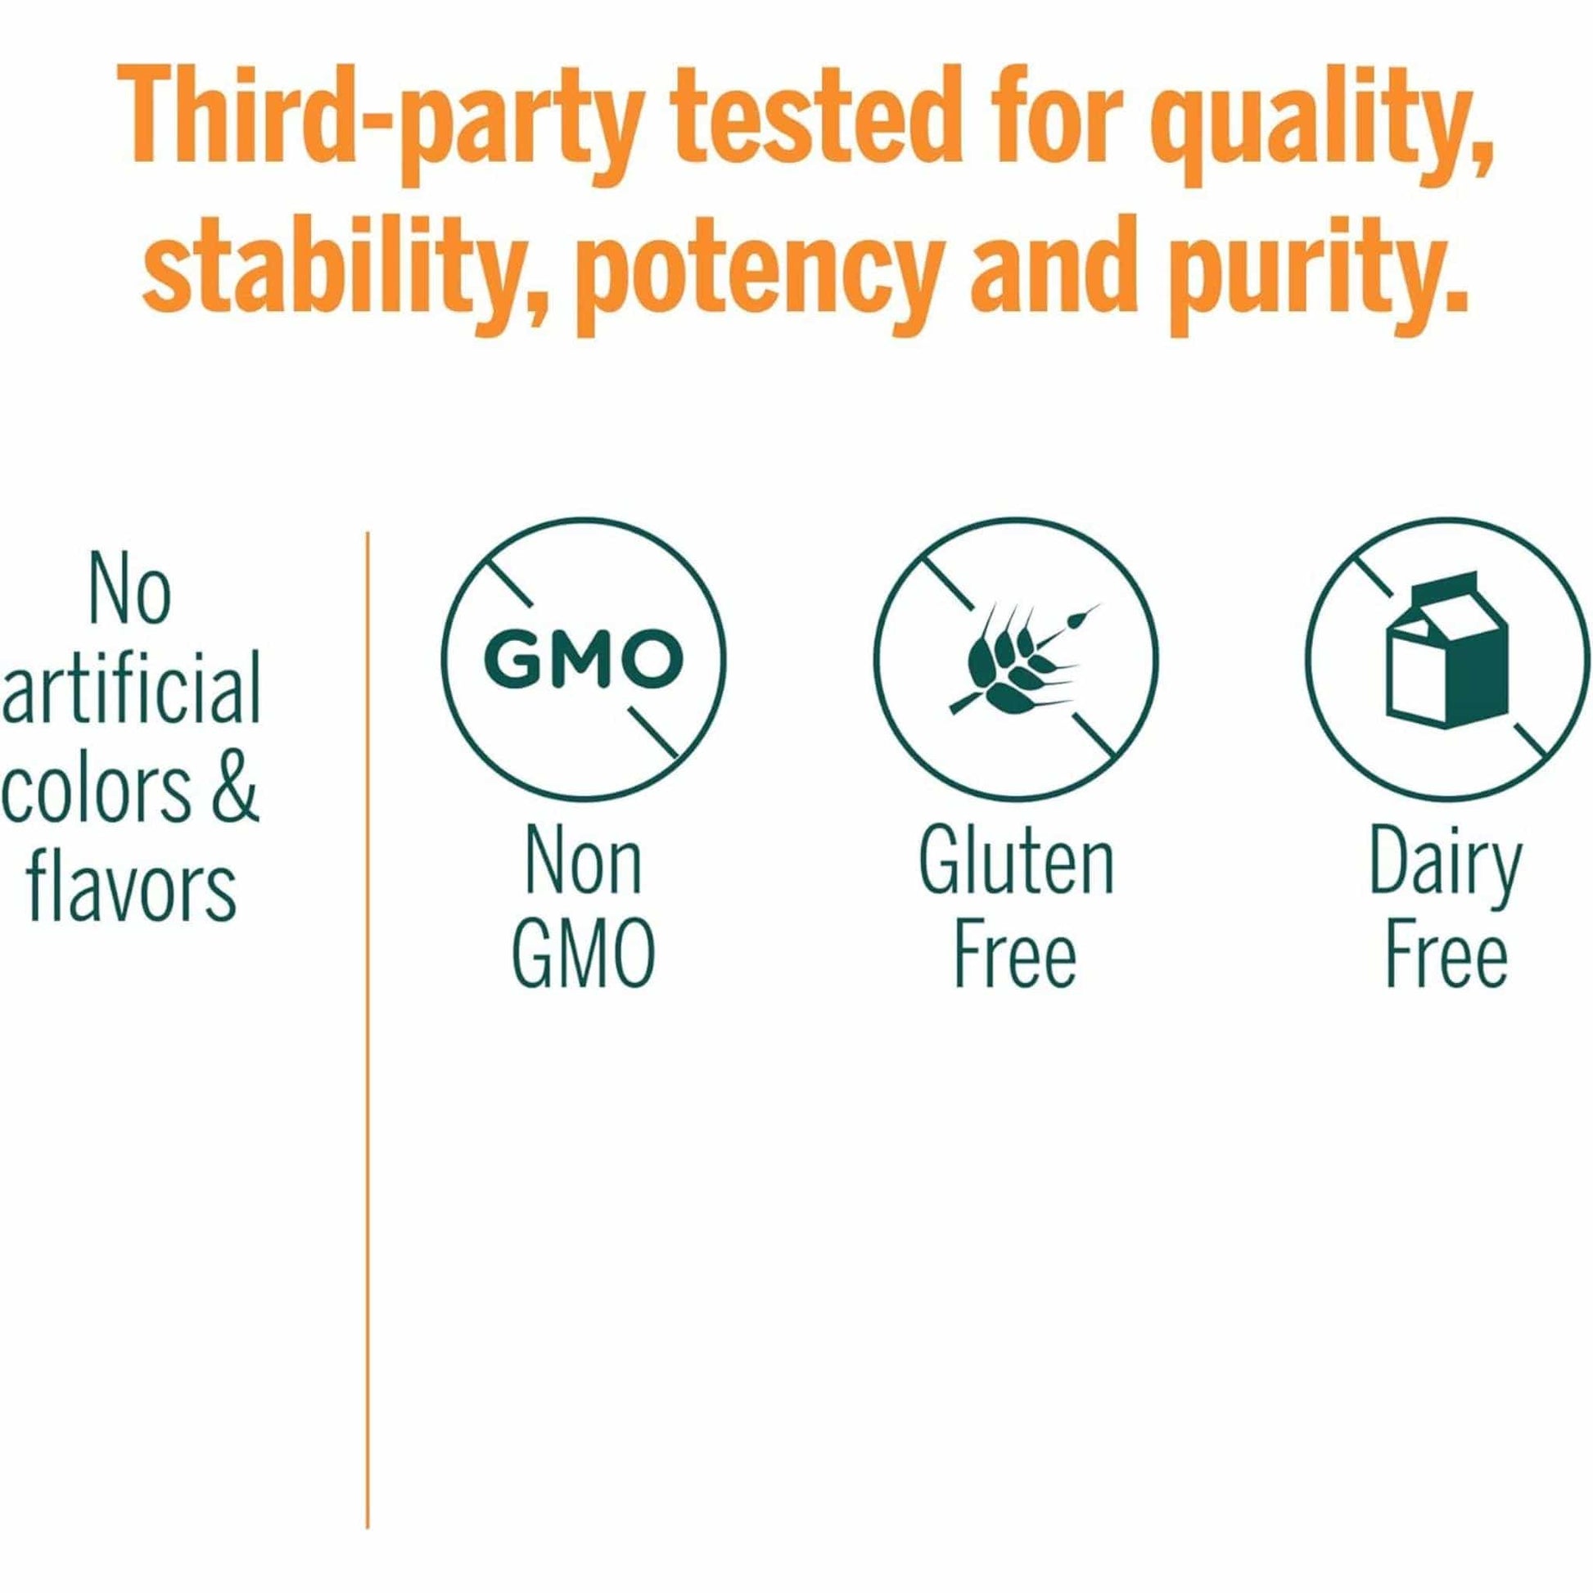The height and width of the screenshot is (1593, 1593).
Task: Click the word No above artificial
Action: tap(129, 591)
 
